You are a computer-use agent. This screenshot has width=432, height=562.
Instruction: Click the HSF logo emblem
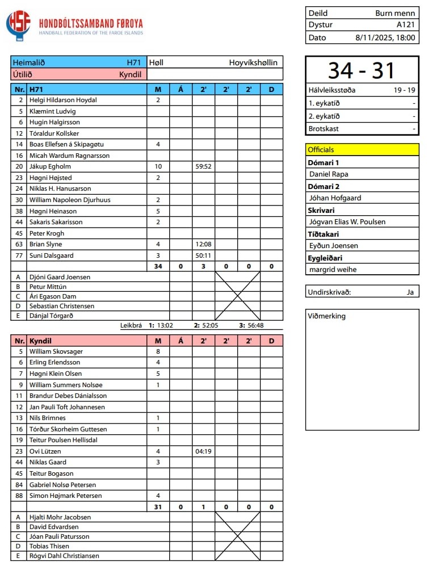[18, 26]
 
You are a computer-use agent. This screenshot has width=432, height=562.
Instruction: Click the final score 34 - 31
[362, 70]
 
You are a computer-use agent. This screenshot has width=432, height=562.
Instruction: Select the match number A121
[406, 25]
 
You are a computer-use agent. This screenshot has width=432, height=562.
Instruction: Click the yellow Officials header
[321, 150]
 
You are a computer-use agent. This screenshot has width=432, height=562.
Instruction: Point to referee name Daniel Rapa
[329, 174]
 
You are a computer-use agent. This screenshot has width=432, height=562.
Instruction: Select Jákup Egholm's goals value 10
[158, 166]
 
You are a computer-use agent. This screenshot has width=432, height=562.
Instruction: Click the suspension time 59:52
[203, 166]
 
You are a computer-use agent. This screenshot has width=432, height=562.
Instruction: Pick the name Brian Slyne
[47, 244]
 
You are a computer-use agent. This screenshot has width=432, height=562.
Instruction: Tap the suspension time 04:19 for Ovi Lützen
[203, 451]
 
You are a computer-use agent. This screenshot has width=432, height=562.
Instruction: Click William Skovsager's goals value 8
[158, 351]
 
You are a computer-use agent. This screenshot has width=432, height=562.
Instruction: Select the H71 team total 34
[158, 266]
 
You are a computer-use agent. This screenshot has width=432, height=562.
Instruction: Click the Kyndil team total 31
[158, 507]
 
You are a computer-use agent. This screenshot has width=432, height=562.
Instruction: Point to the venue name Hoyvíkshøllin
[253, 62]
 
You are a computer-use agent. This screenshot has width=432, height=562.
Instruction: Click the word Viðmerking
[326, 316]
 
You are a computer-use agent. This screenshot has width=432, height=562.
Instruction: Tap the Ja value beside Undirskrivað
[410, 292]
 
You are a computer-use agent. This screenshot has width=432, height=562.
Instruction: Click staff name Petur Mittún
[48, 287]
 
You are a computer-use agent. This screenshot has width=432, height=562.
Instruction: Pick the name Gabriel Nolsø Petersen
[62, 485]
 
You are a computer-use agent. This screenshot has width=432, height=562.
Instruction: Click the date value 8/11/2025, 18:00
[385, 38]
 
